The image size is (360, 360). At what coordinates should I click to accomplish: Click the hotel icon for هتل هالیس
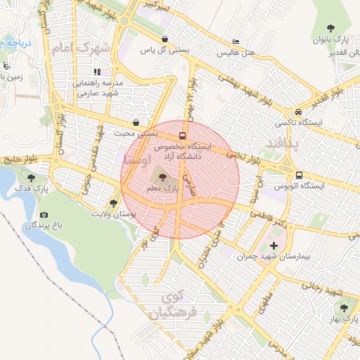tap(236, 41)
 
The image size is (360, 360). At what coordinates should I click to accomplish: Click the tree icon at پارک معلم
tap(163, 178)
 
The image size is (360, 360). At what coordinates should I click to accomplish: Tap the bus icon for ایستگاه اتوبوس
tap(300, 175)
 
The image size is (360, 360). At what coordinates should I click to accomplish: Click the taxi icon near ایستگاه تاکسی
tap(300, 112)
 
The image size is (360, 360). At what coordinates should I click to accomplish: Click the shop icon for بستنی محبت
tap(135, 121)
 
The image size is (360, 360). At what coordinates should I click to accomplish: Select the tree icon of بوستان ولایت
tap(113, 202)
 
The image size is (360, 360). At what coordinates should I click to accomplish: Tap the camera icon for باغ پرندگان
tap(44, 214)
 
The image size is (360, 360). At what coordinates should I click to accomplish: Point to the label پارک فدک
tap(32, 189)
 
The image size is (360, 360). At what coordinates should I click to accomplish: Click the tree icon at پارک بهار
tap(344, 308)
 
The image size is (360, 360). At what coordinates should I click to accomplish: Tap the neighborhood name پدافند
tap(282, 144)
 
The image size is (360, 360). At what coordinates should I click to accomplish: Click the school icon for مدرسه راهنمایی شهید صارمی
tap(97, 71)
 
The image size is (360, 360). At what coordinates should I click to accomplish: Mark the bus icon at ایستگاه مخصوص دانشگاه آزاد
tap(183, 136)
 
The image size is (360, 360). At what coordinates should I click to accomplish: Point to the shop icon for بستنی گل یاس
tap(164, 39)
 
